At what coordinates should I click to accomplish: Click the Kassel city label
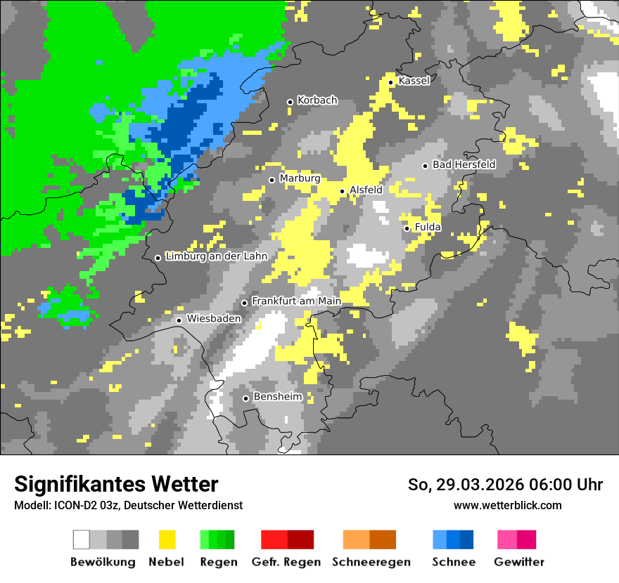414,81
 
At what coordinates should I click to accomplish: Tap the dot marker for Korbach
290,102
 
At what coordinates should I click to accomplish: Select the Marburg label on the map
300,178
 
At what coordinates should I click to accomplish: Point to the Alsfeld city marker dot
343,191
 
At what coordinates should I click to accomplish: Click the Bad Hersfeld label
464,164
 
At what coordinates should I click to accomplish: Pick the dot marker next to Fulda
407,228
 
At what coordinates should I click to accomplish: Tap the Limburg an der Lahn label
216,256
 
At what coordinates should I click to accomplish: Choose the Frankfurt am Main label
296,301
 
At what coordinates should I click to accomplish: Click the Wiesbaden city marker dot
179,320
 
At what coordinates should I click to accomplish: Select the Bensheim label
277,397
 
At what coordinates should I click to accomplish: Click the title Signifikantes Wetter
116,484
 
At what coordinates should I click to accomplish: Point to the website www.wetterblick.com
507,505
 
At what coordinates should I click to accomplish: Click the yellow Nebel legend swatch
167,539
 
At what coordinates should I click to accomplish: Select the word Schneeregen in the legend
371,562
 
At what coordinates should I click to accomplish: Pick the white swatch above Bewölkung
82,539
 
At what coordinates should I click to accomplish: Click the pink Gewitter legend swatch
507,539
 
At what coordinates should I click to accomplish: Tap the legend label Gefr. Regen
286,562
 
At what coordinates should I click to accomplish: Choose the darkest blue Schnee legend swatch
467,539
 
